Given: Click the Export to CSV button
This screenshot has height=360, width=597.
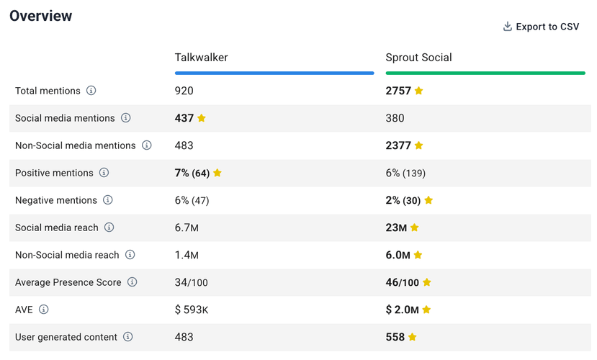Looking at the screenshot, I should click(x=541, y=27).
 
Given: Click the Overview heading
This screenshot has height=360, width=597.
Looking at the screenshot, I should click(x=41, y=16).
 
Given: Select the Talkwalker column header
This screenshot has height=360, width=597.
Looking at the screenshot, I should click(x=201, y=58).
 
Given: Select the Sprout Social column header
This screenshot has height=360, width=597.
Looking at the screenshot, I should click(x=418, y=58).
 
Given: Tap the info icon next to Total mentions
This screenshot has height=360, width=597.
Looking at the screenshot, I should click(x=91, y=91).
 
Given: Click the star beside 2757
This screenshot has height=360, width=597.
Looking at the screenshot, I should click(x=419, y=91).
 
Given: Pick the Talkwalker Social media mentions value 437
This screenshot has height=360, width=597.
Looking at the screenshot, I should click(x=184, y=118).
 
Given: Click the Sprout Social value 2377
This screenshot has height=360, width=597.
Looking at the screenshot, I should click(x=398, y=145).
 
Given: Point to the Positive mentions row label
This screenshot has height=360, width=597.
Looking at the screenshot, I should click(x=54, y=173).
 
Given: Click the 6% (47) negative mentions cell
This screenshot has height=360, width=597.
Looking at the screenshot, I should click(x=192, y=200).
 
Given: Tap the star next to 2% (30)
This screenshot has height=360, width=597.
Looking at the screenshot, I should click(x=428, y=200).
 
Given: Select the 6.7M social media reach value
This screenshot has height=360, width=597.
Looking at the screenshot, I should click(x=187, y=228).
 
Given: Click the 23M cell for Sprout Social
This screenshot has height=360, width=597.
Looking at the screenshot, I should click(x=396, y=228).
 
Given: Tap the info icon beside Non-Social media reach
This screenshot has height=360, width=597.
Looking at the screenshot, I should click(x=130, y=255).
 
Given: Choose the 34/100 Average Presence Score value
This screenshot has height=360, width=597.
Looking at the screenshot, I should click(x=191, y=282).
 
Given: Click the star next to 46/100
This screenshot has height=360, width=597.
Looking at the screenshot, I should click(x=427, y=282).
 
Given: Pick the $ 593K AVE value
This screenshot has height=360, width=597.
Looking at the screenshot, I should click(x=192, y=310).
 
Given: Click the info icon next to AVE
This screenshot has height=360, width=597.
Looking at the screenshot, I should click(x=44, y=310).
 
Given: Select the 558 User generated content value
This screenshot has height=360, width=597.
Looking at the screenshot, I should click(x=395, y=337).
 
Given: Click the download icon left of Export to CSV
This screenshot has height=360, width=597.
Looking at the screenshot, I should click(x=508, y=27).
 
